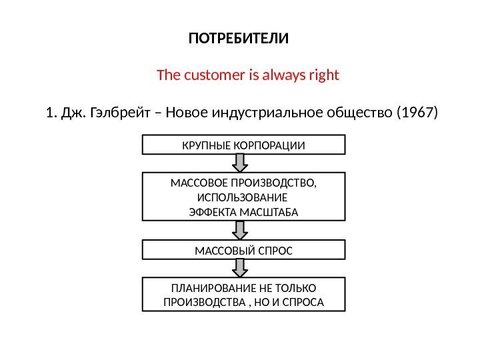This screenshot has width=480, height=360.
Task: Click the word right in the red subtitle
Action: (325, 75)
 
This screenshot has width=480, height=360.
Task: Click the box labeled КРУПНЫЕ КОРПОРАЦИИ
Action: (244, 145)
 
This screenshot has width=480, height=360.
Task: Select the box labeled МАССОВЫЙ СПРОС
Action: (244, 251)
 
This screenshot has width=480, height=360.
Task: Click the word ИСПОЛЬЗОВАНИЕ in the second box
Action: (244, 198)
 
